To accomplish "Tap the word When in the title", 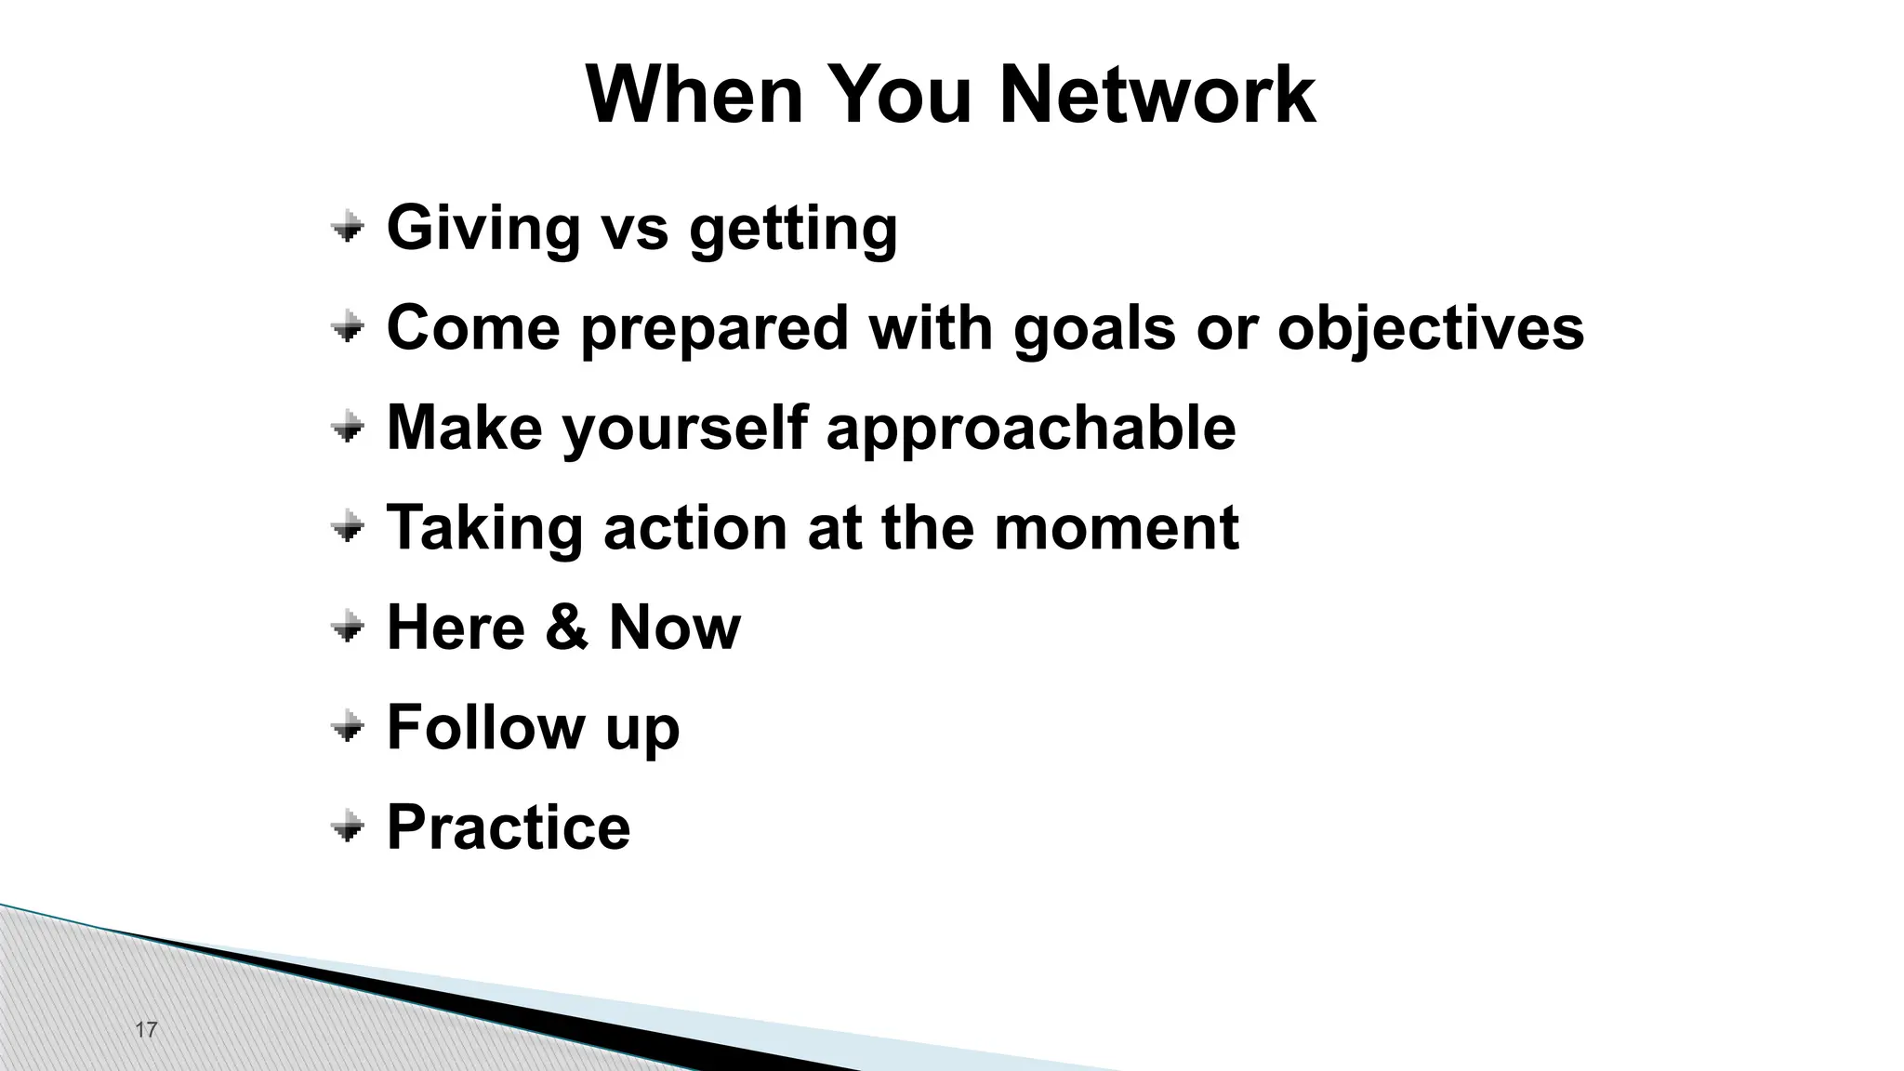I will click(x=694, y=95).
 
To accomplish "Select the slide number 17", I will click(x=146, y=1029).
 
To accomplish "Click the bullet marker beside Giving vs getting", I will click(x=347, y=226).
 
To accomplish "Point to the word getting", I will click(x=793, y=230).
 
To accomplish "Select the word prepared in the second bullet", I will click(x=714, y=329).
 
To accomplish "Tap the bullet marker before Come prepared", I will click(x=347, y=326).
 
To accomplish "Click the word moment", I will click(x=1116, y=527).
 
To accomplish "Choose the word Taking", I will click(x=483, y=529).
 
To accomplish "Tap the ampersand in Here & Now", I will click(x=566, y=627).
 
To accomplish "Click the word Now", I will click(x=674, y=627).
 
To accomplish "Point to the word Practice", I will click(x=508, y=826).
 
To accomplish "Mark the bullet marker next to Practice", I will click(x=347, y=826).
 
